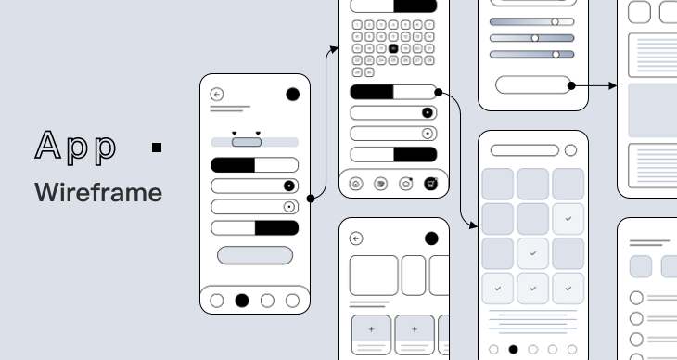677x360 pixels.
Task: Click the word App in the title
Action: (x=77, y=147)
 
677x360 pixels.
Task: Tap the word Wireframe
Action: (x=98, y=193)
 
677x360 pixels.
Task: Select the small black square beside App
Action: (x=157, y=148)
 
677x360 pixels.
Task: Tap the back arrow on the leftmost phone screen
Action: (x=217, y=95)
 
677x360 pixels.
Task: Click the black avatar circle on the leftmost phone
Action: (x=293, y=94)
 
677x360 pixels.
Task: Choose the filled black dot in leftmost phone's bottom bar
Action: (x=242, y=300)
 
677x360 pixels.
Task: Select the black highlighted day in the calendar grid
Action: (x=393, y=48)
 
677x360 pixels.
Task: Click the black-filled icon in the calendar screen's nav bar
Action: (x=430, y=184)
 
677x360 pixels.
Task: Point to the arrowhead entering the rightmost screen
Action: (x=614, y=85)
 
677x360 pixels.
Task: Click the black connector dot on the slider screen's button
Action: (x=571, y=85)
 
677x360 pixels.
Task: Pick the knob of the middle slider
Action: (x=535, y=38)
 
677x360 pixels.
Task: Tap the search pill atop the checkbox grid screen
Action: (x=525, y=150)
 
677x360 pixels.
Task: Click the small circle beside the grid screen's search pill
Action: (x=570, y=150)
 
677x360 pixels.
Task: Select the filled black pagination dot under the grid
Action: (x=513, y=350)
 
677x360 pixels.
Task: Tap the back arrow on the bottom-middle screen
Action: (x=356, y=238)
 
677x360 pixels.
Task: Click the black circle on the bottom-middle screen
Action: (x=431, y=238)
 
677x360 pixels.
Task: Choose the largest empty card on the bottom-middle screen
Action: (x=374, y=276)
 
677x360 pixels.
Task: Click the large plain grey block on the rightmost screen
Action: (x=653, y=110)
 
